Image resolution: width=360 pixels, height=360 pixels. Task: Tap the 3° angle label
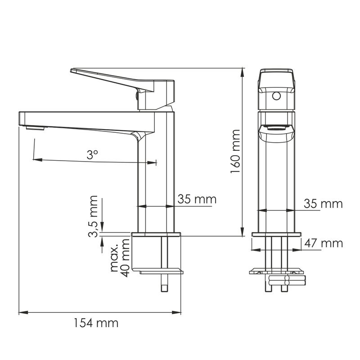coord(92,155)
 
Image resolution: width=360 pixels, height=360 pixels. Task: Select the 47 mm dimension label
coord(323,243)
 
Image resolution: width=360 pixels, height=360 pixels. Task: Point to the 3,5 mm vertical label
coord(94,216)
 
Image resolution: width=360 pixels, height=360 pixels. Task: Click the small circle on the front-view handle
coord(277,95)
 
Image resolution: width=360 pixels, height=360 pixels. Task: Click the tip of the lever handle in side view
coord(73,71)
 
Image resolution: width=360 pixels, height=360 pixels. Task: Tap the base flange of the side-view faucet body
coord(156,234)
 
